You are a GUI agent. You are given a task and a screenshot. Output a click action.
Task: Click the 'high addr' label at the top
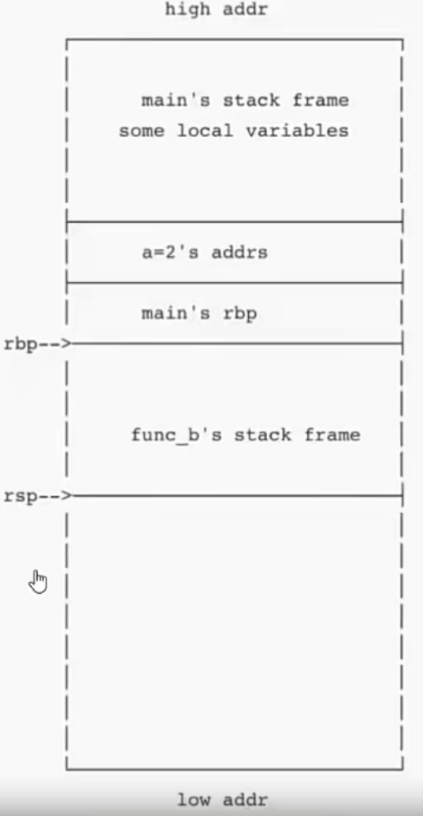(217, 9)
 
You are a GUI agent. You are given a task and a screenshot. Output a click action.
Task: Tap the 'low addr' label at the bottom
(223, 799)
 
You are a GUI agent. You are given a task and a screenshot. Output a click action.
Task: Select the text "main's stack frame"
(245, 100)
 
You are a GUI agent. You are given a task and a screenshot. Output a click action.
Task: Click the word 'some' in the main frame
(142, 131)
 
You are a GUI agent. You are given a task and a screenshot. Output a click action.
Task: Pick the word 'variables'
(297, 130)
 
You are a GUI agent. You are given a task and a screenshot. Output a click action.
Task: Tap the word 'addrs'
(239, 252)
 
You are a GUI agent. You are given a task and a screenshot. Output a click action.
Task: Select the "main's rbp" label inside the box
(199, 313)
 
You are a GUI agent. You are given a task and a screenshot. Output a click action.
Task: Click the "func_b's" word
(176, 435)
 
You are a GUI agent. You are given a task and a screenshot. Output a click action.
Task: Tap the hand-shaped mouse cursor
(38, 581)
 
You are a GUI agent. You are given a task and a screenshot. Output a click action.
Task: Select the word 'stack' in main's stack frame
(250, 100)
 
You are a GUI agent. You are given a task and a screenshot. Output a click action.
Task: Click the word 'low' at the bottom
(194, 799)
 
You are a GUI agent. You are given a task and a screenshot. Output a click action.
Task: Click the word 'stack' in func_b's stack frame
(262, 435)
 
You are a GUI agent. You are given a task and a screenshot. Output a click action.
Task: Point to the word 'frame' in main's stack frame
(321, 100)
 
